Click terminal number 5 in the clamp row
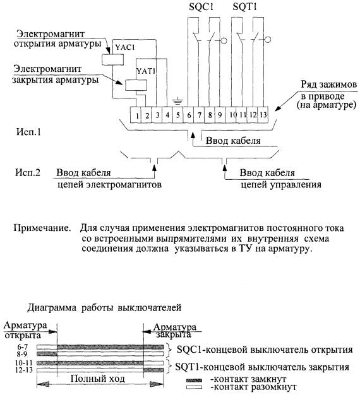[x=178, y=115]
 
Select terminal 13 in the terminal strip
[x=263, y=115]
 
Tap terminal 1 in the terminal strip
[x=137, y=116]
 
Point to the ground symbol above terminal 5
[x=177, y=102]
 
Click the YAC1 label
[x=125, y=47]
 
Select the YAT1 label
[x=145, y=71]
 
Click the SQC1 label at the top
[x=201, y=7]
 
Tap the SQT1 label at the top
[x=244, y=7]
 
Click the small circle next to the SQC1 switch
[x=224, y=40]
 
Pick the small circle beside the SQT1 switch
[x=268, y=40]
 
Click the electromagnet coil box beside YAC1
[x=112, y=59]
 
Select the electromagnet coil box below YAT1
[x=136, y=85]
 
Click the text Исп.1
[x=28, y=132]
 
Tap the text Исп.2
[x=28, y=173]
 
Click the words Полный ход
[x=97, y=379]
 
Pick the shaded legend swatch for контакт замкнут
[x=194, y=380]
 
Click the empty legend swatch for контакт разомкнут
[x=194, y=387]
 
